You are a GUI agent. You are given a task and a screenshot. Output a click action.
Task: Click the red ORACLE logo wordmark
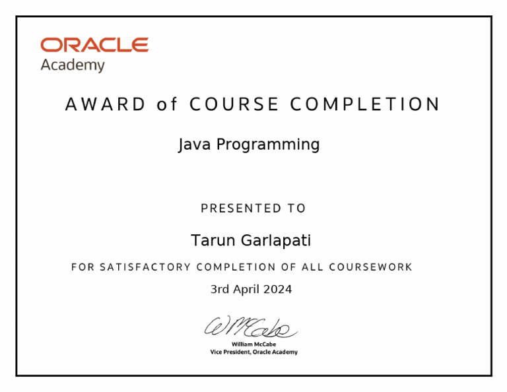(94, 45)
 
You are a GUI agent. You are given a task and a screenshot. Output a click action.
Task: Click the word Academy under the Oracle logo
(73, 65)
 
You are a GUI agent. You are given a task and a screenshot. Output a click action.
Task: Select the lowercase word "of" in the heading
(167, 104)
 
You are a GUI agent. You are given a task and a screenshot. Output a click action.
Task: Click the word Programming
(267, 145)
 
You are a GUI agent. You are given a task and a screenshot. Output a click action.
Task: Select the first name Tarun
(211, 241)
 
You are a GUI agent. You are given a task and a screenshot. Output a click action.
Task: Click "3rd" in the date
(220, 289)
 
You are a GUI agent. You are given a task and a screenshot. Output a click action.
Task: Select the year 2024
(279, 289)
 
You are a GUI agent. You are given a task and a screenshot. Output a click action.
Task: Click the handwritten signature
(252, 327)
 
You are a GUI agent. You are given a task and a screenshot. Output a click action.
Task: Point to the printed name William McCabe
(253, 344)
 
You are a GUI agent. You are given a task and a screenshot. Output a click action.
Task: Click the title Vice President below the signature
(232, 352)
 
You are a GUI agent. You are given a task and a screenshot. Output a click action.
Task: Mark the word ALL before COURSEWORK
(313, 267)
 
